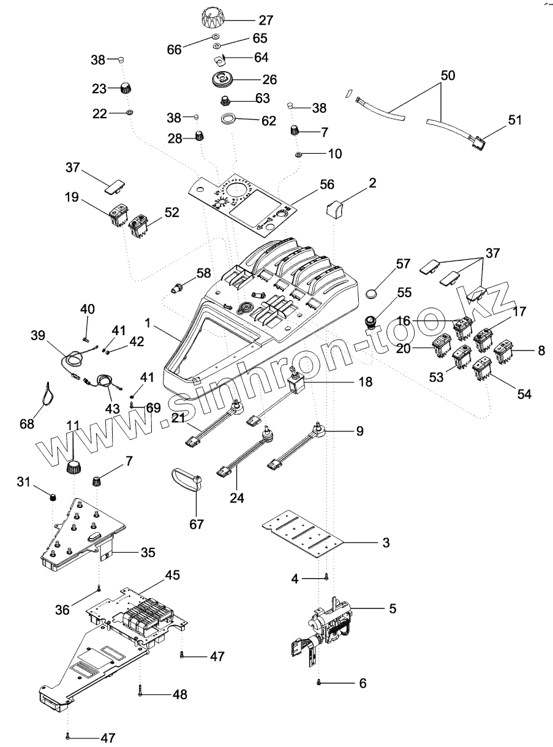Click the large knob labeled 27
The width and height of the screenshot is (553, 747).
click(x=213, y=19)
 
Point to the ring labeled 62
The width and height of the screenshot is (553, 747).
click(x=228, y=118)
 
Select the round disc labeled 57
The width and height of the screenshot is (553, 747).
click(x=374, y=293)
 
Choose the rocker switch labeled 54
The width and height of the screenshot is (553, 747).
click(x=482, y=368)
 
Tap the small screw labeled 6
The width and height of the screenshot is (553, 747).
click(x=318, y=683)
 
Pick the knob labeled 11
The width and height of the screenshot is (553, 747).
click(x=73, y=468)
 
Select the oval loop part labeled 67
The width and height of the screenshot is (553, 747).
click(x=186, y=479)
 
